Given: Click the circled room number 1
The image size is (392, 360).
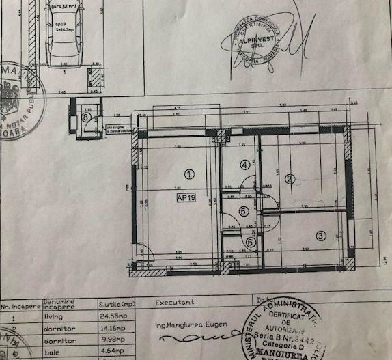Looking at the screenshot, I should pos(189,174).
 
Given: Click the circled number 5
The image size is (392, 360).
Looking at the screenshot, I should pos(244,212).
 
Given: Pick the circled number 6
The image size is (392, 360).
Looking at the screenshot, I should pos(250,241).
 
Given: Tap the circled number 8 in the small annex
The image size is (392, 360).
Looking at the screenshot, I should pos(85,117).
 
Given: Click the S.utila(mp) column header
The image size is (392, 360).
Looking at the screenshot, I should pos(118,303).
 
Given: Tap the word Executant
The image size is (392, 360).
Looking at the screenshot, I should pos(175,301).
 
